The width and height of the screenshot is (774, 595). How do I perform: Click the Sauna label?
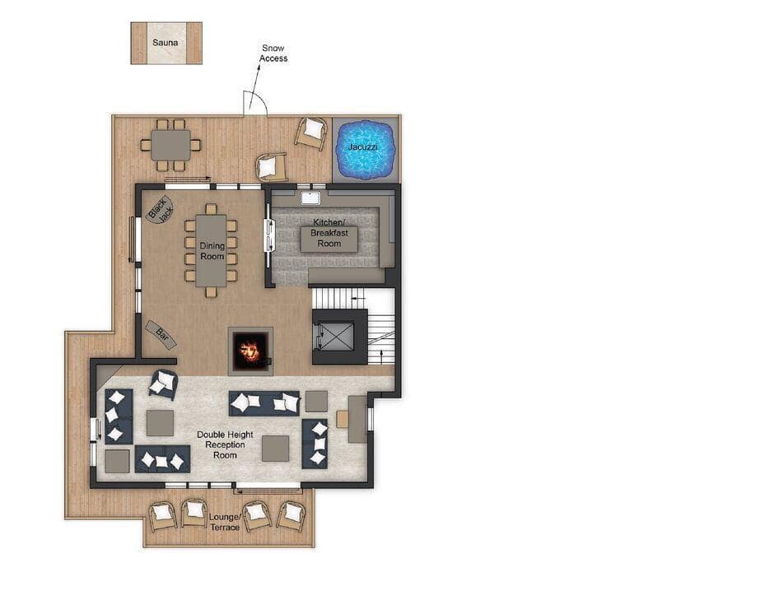coord(165,43)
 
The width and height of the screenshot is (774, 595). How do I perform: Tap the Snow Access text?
coord(273,53)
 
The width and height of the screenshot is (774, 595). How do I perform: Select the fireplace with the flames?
coord(250,351)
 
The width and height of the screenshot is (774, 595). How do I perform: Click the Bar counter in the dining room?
coord(161,333)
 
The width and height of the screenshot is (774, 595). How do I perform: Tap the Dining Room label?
coord(212,251)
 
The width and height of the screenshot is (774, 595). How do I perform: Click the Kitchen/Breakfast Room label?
coord(329,233)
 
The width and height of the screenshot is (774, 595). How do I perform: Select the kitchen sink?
coord(310,198)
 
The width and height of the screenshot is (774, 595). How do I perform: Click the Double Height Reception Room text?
coord(225,444)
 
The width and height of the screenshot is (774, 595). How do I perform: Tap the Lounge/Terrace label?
coord(225,522)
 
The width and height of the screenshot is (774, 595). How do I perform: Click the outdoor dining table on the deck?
coord(170,145)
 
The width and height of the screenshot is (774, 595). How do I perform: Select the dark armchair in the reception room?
coord(163,383)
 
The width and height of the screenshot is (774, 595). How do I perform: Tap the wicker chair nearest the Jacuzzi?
coord(311,132)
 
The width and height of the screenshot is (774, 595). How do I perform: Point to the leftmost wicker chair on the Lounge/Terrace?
coord(162,516)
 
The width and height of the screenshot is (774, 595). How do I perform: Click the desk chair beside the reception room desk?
coord(343,420)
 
